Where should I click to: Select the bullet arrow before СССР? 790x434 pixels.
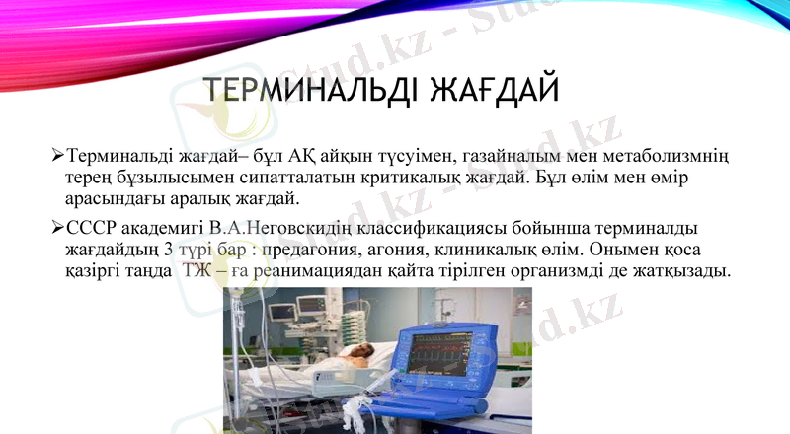(57, 229)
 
